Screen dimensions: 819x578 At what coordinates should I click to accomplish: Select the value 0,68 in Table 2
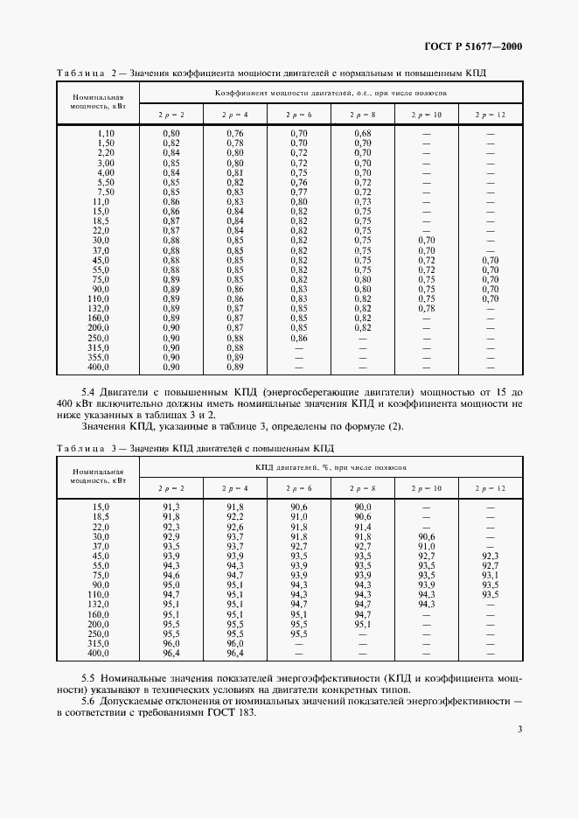pyautogui.click(x=363, y=132)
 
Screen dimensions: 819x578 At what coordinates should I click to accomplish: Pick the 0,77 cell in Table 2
pyautogui.click(x=299, y=192)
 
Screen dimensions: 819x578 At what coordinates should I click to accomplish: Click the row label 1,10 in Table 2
pyautogui.click(x=106, y=132)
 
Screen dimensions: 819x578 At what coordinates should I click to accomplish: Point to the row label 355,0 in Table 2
pyautogui.click(x=102, y=357)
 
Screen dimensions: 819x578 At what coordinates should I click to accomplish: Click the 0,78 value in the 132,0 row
pyautogui.click(x=426, y=309)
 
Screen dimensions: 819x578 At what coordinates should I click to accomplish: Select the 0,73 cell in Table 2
pyautogui.click(x=363, y=201)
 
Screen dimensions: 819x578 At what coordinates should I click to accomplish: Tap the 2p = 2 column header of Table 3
pyautogui.click(x=171, y=486)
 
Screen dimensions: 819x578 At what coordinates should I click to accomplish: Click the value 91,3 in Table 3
pyautogui.click(x=171, y=507)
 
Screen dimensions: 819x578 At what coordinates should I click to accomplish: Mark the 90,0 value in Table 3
pyautogui.click(x=363, y=507)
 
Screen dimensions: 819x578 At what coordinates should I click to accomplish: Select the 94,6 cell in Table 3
pyautogui.click(x=171, y=575)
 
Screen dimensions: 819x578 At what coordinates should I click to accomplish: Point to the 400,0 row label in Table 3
pyautogui.click(x=102, y=653)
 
